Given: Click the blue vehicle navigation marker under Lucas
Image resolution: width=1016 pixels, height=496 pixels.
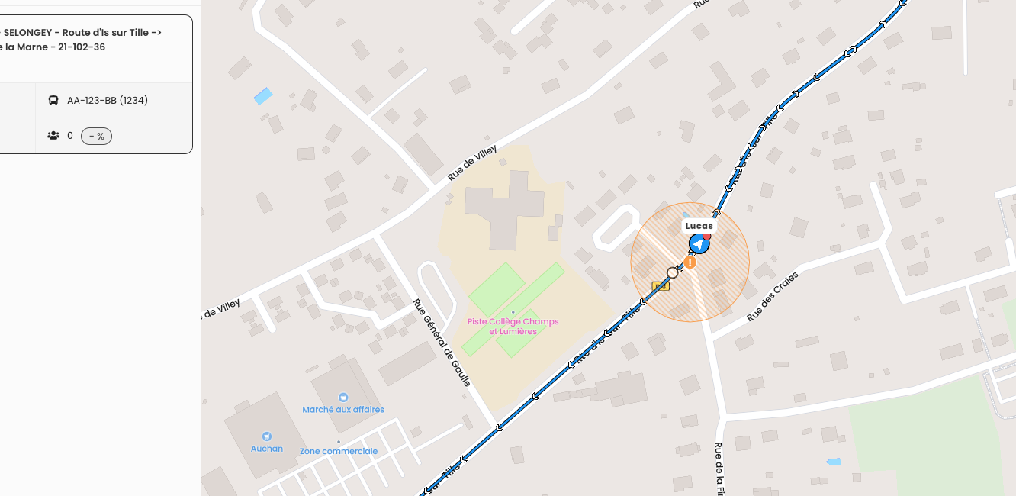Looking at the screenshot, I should [x=699, y=243].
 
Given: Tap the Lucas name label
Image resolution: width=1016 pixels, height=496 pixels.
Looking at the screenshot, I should [x=699, y=226].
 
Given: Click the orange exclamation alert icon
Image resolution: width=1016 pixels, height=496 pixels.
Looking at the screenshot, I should [x=690, y=262].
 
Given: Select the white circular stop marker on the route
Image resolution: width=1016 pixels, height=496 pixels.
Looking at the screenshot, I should [x=672, y=272].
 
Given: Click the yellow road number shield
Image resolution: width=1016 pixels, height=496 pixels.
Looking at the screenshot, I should [x=661, y=286].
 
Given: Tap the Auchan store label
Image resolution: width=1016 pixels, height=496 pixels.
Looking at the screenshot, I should [x=267, y=449].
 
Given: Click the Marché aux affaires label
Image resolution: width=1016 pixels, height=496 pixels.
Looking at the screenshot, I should [x=343, y=410].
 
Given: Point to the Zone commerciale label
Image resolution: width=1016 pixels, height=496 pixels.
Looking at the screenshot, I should [x=339, y=451].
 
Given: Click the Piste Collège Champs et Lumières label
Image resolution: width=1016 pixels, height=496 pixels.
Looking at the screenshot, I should [x=513, y=327].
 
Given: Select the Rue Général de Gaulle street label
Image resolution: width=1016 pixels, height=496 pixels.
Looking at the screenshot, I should [x=442, y=343].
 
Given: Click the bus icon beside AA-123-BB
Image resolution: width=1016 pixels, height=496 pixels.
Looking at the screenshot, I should [x=53, y=100].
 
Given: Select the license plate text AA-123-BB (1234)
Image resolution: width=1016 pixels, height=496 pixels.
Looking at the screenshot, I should [x=108, y=100].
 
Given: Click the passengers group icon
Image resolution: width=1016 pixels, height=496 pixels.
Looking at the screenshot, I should [x=53, y=136].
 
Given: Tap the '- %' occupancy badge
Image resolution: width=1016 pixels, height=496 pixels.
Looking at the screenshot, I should [x=96, y=136].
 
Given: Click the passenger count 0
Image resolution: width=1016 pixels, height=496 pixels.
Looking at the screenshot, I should [x=70, y=136].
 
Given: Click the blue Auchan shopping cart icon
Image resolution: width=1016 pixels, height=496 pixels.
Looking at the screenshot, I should [x=266, y=436].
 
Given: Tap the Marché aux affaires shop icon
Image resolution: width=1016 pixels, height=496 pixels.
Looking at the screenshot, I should [x=342, y=398].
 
